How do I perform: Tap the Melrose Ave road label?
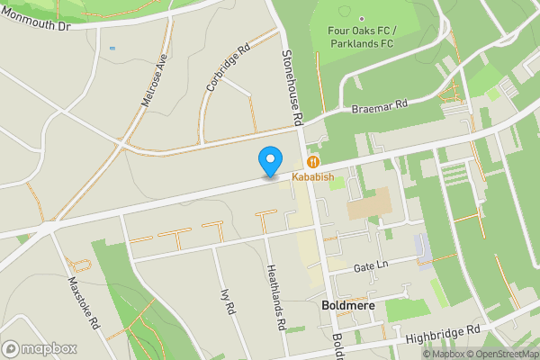point(156,79)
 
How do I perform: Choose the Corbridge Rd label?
point(227,69)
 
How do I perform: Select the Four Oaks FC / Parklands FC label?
point(362,36)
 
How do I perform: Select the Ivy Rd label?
point(227,301)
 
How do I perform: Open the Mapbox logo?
point(40,348)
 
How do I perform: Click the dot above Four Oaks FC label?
point(362,19)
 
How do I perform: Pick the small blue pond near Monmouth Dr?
point(112,48)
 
